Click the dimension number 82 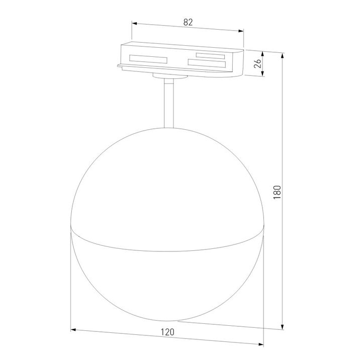pos(188,22)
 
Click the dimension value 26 pos(257,64)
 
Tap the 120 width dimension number pos(168,332)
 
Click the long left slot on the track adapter pos(148,58)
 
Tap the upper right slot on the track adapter pos(210,55)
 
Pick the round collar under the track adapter pos(169,77)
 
